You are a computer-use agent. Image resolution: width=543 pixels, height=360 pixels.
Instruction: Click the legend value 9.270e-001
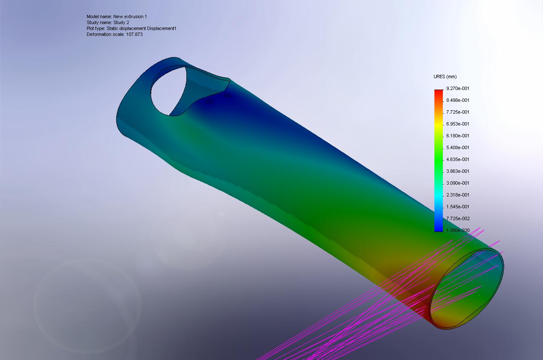point(458,88)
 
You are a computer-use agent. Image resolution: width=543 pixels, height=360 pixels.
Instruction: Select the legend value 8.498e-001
point(458,100)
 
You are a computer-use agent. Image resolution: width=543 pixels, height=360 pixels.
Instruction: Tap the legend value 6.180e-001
point(458,136)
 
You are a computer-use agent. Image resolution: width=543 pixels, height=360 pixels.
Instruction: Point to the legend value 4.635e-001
point(458,159)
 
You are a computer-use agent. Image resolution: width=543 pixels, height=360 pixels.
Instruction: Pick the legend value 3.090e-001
point(458,183)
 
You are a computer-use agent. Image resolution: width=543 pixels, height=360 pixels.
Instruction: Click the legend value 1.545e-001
point(458,207)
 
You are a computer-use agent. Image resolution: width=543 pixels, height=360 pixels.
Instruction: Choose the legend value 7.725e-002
point(458,218)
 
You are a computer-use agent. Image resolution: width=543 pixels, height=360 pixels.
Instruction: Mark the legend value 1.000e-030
point(458,230)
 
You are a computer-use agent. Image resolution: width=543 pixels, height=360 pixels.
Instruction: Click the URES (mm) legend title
point(445,76)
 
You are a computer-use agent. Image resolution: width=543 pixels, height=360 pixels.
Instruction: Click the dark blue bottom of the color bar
point(438,228)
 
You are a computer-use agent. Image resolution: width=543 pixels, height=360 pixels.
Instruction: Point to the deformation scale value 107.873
point(134,34)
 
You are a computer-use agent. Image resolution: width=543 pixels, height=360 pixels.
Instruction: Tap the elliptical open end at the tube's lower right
point(467,289)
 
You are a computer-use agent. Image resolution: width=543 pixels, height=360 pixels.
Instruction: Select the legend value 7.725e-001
point(458,112)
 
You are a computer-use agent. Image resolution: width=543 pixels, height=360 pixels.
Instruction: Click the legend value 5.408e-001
point(458,147)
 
